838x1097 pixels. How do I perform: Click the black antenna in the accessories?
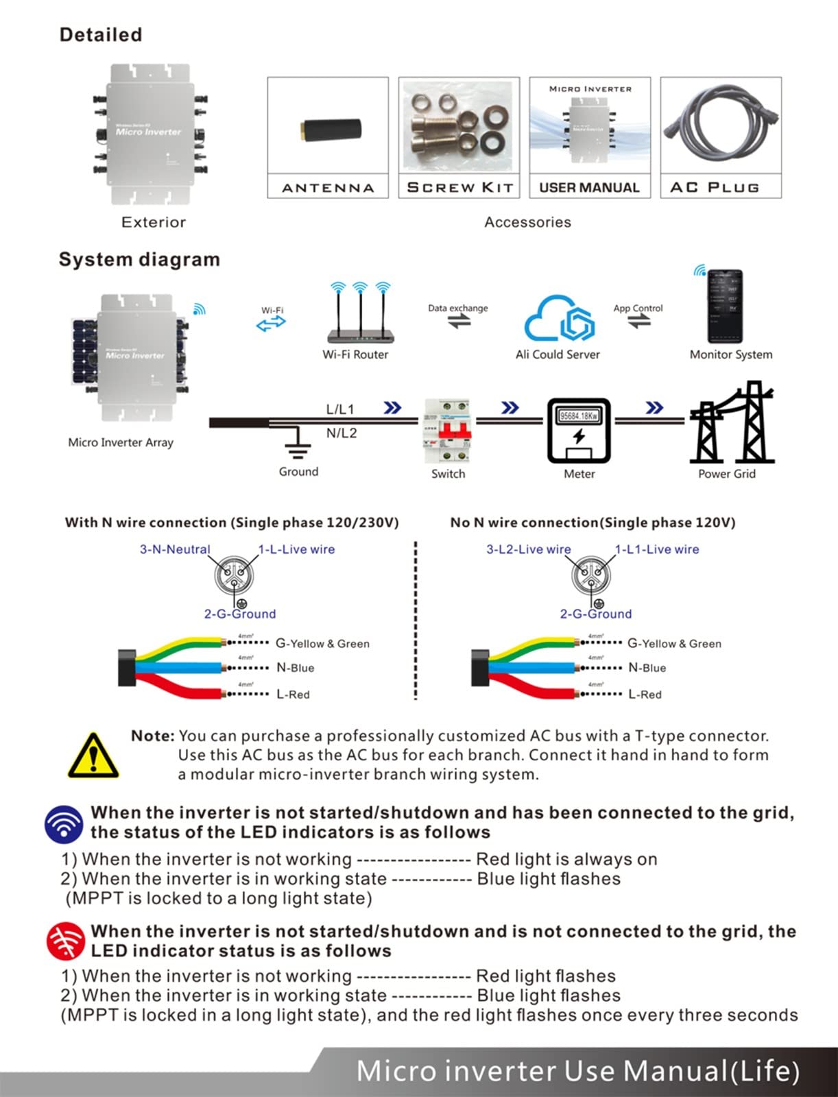[x=331, y=129]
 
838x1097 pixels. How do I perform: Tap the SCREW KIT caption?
[x=459, y=187]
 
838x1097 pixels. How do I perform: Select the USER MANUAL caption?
[x=589, y=187]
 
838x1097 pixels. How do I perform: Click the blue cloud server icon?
[x=559, y=319]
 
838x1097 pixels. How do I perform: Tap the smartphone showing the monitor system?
[x=725, y=306]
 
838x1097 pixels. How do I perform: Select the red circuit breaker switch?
[x=448, y=431]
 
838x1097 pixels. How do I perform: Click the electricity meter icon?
[x=579, y=431]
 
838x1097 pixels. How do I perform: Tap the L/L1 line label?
[x=340, y=409]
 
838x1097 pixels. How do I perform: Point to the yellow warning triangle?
[x=93, y=756]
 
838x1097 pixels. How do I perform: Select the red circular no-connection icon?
[x=66, y=941]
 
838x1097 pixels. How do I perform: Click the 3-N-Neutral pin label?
[x=175, y=549]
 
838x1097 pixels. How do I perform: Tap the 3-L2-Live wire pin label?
[x=528, y=549]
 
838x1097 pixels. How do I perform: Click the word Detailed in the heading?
[x=101, y=35]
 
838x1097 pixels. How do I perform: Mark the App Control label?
[x=638, y=308]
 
